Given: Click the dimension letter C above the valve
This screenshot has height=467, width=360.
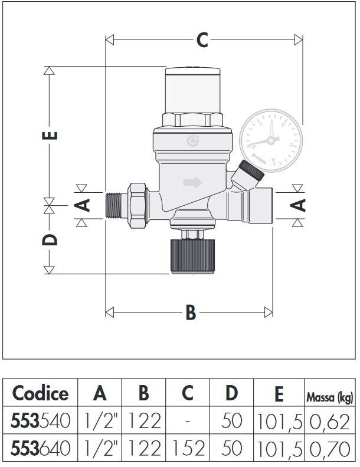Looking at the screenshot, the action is [x=202, y=40].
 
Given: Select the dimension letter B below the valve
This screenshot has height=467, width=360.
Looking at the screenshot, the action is [x=191, y=313].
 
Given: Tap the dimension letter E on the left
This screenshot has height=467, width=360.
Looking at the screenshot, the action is [x=50, y=135].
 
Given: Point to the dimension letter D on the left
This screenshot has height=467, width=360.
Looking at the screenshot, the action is [x=50, y=240].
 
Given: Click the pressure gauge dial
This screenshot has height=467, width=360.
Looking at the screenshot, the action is [x=271, y=140].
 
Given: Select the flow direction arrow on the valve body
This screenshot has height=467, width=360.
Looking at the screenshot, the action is [x=192, y=182].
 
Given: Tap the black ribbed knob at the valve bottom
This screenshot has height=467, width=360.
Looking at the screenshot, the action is [x=192, y=256].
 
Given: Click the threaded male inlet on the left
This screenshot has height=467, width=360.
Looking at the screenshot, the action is [x=113, y=205].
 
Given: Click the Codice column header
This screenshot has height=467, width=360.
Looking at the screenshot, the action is [x=40, y=393].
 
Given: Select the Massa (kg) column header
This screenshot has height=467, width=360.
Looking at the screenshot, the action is [x=330, y=397].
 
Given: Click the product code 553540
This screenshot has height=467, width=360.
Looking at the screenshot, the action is [x=41, y=421].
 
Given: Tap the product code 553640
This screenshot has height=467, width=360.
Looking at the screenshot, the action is [x=41, y=449].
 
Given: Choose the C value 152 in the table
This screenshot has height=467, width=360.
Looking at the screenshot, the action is [x=189, y=449].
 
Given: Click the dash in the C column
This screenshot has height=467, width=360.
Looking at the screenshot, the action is [x=188, y=422].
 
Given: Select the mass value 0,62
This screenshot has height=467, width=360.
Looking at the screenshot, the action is [x=329, y=422].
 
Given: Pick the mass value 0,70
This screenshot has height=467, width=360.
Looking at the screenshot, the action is [x=329, y=449].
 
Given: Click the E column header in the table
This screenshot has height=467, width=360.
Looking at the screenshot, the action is [x=279, y=394].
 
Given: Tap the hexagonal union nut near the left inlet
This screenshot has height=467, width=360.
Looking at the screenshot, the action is [x=138, y=205].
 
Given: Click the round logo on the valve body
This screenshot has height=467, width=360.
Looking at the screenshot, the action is [x=192, y=140].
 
